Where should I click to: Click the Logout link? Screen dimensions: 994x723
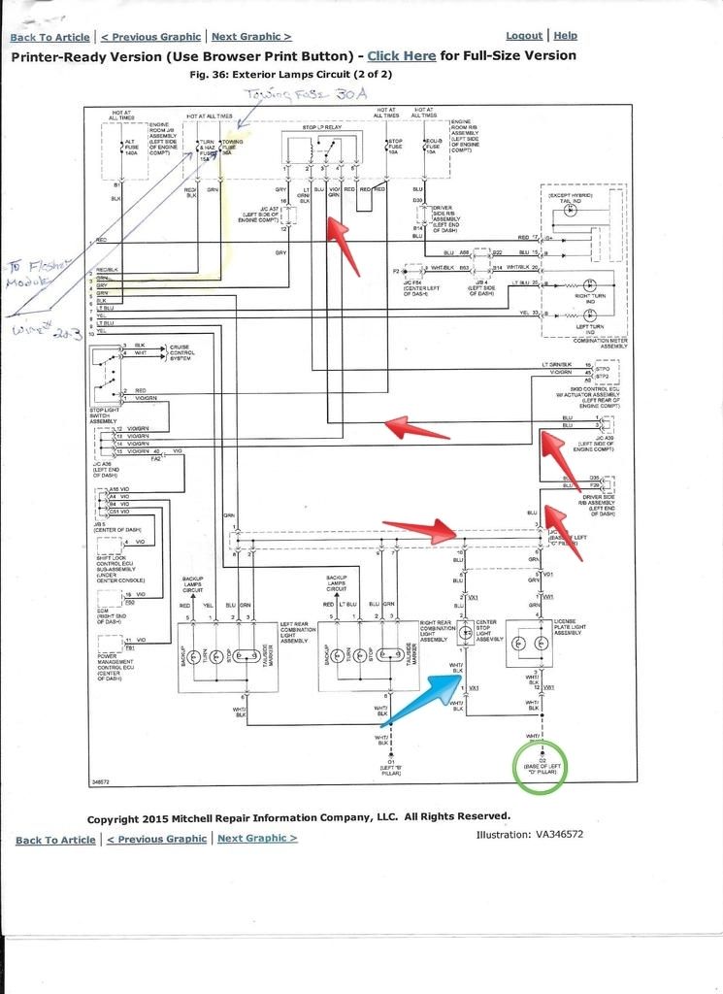pyautogui.click(x=524, y=36)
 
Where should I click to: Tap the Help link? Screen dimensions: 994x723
pyautogui.click(x=565, y=36)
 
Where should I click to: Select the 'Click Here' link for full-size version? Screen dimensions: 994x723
pyautogui.click(x=401, y=56)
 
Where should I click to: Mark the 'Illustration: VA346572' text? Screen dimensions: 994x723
pyautogui.click(x=530, y=834)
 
